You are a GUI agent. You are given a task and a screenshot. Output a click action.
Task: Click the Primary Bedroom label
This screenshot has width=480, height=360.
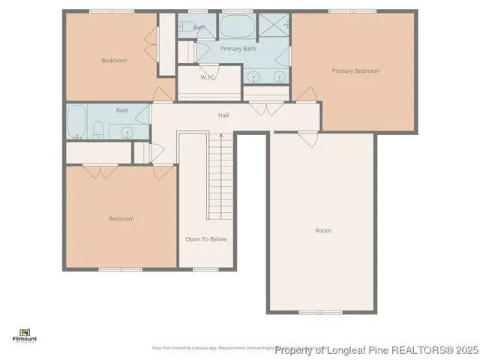355,71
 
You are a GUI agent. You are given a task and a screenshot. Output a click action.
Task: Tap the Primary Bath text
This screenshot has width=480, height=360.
238,49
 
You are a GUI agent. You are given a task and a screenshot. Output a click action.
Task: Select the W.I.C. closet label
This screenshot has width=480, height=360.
208,77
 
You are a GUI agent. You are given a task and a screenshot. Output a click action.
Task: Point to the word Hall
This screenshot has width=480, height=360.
223,115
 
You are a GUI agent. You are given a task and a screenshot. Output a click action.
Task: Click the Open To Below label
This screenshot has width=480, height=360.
205,239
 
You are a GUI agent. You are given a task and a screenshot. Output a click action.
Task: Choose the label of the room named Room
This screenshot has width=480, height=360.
322,231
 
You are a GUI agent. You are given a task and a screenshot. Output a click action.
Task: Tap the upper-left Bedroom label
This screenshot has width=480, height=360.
114,61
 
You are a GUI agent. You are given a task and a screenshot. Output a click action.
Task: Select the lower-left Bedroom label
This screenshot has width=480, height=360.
121,219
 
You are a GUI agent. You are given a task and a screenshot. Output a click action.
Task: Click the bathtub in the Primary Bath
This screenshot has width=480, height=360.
236,26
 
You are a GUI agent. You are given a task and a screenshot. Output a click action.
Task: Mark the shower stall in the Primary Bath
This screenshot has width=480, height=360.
274,26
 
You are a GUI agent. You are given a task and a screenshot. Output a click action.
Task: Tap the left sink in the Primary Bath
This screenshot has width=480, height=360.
255,76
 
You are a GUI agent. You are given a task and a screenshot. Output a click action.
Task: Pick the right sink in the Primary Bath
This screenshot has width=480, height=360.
279,76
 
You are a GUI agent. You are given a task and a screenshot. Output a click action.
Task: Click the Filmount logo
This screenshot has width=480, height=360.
25,334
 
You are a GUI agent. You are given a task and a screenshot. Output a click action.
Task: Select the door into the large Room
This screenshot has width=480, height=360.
307,138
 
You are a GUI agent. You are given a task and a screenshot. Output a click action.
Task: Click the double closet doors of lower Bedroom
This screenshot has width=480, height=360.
100,171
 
